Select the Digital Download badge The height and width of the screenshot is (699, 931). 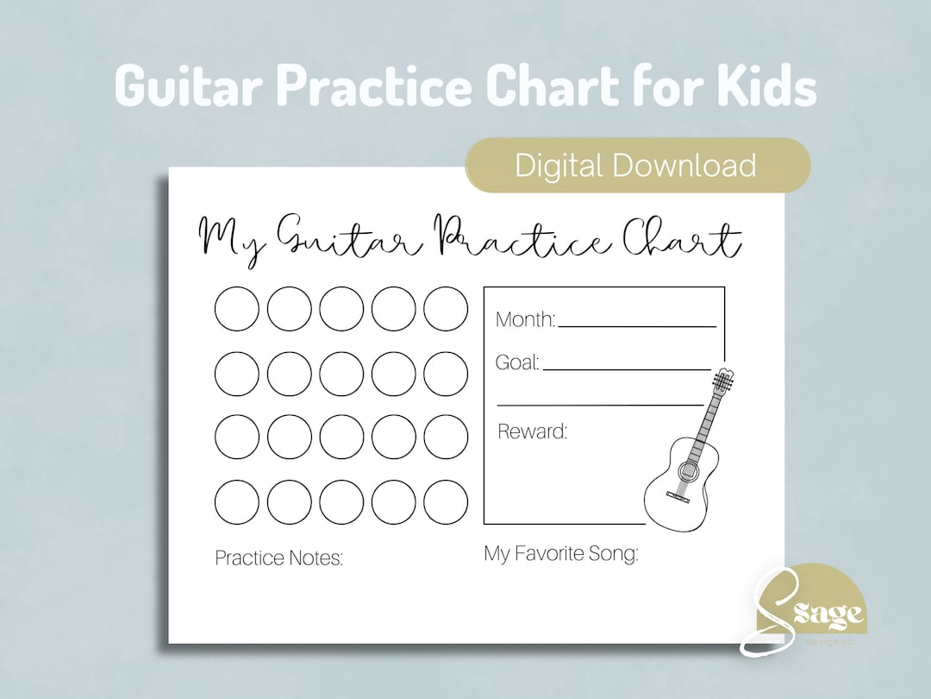(636, 165)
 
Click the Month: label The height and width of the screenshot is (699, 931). (525, 320)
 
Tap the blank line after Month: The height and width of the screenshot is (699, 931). (637, 324)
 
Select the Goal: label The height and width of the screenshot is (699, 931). (517, 363)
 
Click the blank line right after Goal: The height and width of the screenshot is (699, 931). (627, 368)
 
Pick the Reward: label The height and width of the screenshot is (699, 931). (532, 431)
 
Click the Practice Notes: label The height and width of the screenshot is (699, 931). (278, 558)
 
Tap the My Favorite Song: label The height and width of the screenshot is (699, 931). (561, 554)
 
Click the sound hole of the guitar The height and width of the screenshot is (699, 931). (688, 471)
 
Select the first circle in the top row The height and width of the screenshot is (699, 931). (236, 308)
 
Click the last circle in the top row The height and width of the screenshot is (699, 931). (446, 308)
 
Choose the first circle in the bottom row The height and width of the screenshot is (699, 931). (236, 502)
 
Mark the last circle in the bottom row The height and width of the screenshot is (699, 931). (446, 502)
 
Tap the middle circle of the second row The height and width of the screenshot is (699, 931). (341, 374)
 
